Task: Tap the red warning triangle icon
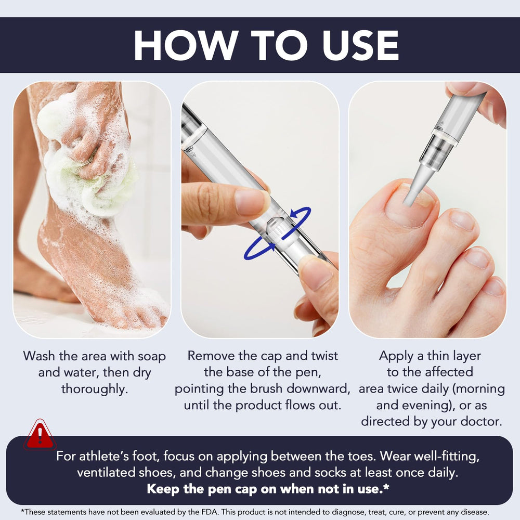[x=40, y=435]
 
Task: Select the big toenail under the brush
[x=411, y=205]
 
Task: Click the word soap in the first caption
[x=151, y=357]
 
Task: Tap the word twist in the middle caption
[x=324, y=356]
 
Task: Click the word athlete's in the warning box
[x=104, y=457]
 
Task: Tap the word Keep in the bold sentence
[x=163, y=489]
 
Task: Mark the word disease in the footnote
[x=475, y=512]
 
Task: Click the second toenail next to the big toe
[x=463, y=220]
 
